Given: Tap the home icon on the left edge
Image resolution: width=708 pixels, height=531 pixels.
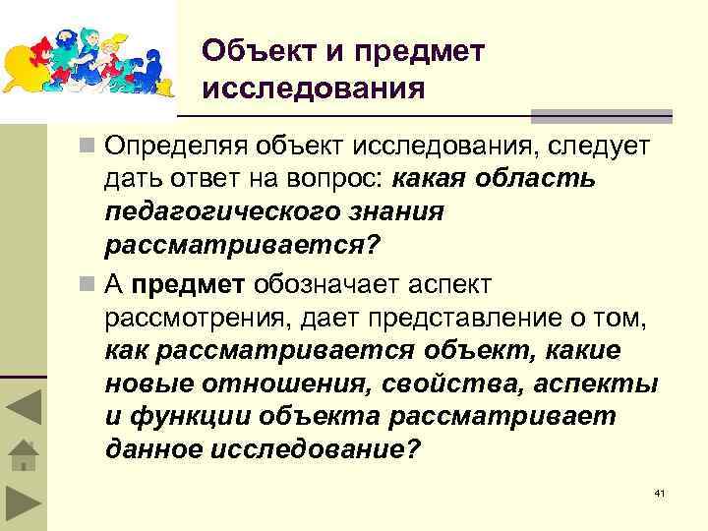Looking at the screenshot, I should (x=22, y=455).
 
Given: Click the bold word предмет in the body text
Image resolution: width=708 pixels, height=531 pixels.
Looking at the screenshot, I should (x=188, y=285).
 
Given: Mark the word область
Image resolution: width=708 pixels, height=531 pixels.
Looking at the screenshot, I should (x=545, y=180).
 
